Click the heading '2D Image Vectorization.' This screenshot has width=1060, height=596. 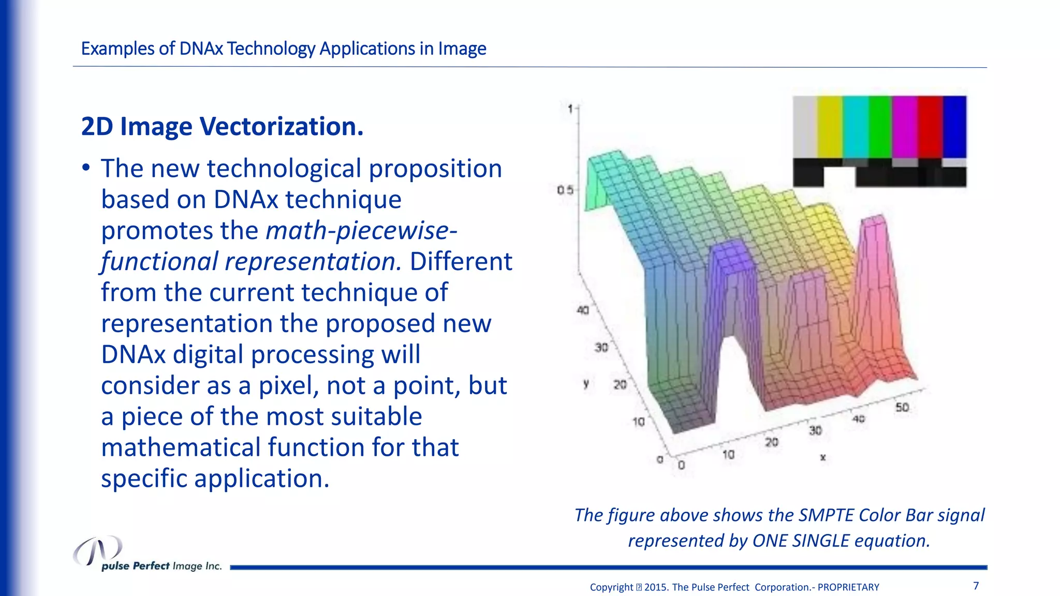tap(222, 127)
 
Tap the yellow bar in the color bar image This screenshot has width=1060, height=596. tap(830, 127)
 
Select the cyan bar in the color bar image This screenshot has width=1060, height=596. tap(855, 127)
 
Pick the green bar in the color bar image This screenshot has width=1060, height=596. tap(879, 127)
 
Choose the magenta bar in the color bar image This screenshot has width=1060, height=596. tap(904, 127)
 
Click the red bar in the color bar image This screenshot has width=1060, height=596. tap(930, 127)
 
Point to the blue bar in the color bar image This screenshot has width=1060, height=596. tap(954, 127)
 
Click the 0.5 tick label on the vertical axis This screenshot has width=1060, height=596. tap(565, 190)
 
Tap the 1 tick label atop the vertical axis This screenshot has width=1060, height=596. tap(570, 109)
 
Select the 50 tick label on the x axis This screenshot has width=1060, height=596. tap(902, 407)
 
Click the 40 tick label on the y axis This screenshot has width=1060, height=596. tap(583, 310)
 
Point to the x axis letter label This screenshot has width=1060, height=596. tap(823, 457)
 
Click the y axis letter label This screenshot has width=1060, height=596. tap(586, 384)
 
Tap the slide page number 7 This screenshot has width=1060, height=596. tap(976, 586)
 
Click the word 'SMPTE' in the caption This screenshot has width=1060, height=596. tap(826, 515)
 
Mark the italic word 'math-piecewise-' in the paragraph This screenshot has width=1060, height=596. tap(361, 230)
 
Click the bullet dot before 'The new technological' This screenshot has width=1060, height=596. tap(86, 168)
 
